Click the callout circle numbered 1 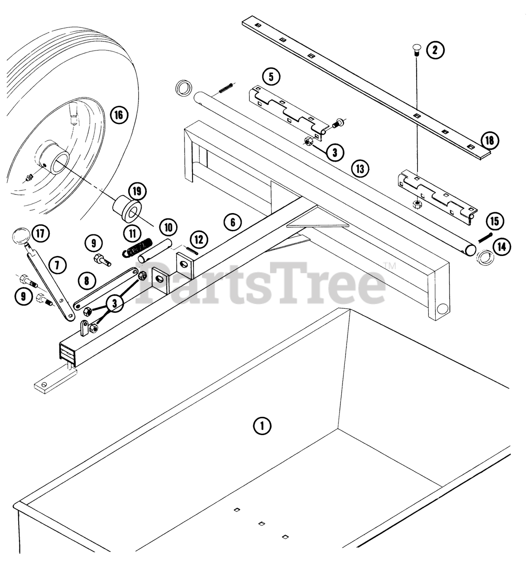pos(262,426)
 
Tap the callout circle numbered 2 pos(435,50)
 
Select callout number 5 pos(271,76)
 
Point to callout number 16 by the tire pos(118,116)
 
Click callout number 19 pos(137,191)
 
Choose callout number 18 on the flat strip pos(489,141)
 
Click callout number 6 pos(233,221)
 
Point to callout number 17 pos(40,233)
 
